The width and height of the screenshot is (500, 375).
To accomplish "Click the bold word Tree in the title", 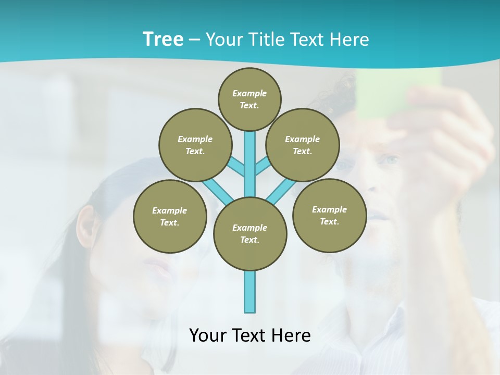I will (163, 39).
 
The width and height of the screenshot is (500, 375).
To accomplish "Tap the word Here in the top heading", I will (350, 39).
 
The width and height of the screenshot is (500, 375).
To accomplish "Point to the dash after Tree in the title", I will (194, 40).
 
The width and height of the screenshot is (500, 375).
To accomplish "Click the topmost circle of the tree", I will (249, 99).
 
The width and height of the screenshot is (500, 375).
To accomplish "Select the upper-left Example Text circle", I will (195, 145).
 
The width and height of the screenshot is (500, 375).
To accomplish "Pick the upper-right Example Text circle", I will (302, 145).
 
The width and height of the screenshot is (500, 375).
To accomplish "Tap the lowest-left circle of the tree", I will (170, 216).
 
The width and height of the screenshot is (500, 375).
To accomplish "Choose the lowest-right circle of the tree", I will (329, 215).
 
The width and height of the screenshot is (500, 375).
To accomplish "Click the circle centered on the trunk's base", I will (250, 233).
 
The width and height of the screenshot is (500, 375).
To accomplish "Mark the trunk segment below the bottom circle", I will (250, 292).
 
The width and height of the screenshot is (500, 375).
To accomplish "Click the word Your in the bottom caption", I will (207, 335).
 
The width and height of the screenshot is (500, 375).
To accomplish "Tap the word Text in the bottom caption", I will (251, 335).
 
